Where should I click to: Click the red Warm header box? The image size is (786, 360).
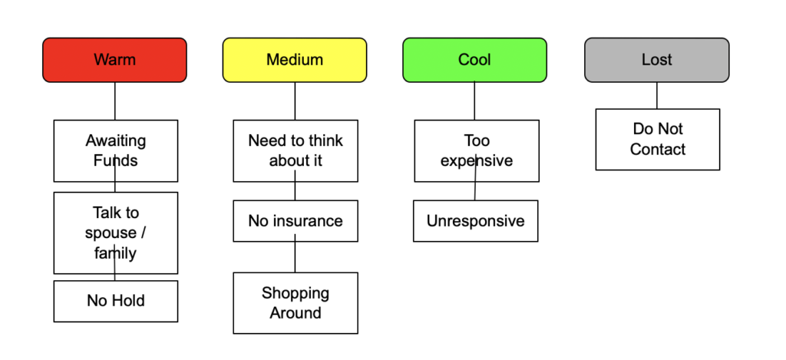click(115, 60)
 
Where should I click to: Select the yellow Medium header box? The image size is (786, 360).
click(295, 60)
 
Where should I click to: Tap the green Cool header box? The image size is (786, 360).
click(474, 60)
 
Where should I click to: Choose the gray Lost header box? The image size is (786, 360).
click(657, 60)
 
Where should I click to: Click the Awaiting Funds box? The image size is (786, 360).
click(116, 150)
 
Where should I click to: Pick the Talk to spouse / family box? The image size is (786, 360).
click(116, 233)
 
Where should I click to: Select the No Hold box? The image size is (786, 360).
click(116, 301)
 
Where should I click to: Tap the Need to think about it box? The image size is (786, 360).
click(296, 150)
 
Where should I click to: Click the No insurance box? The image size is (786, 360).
click(296, 220)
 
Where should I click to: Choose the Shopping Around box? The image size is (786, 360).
click(296, 303)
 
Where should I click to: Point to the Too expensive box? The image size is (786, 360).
click(477, 150)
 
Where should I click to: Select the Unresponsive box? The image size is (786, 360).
click(476, 220)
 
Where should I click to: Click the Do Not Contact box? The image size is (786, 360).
click(658, 140)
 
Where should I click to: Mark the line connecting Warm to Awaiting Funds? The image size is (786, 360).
click(115, 101)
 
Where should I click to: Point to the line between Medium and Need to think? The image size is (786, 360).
click(295, 101)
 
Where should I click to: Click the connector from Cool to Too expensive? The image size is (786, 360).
click(474, 101)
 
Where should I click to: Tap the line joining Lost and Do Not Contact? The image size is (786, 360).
click(657, 95)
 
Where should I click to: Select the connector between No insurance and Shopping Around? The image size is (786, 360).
click(295, 253)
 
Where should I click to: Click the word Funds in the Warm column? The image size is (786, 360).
click(116, 160)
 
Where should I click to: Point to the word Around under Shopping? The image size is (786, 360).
click(296, 313)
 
